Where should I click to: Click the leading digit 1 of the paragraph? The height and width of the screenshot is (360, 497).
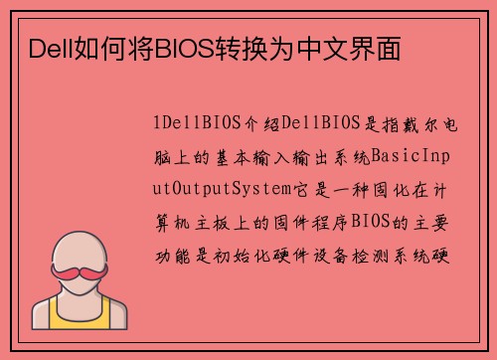coord(157,124)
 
